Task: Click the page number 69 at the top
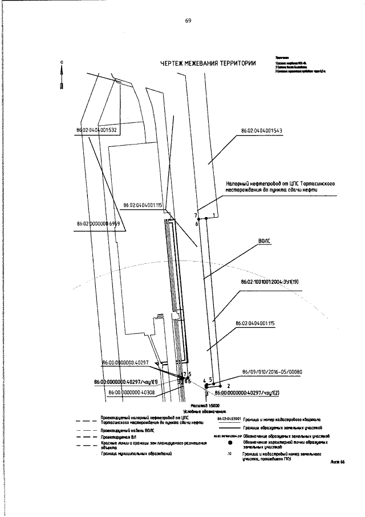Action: pyautogui.click(x=188, y=21)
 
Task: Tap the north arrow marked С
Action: pyautogui.click(x=62, y=74)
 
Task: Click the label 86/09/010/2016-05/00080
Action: pyautogui.click(x=272, y=372)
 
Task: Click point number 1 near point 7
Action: pyautogui.click(x=214, y=215)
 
